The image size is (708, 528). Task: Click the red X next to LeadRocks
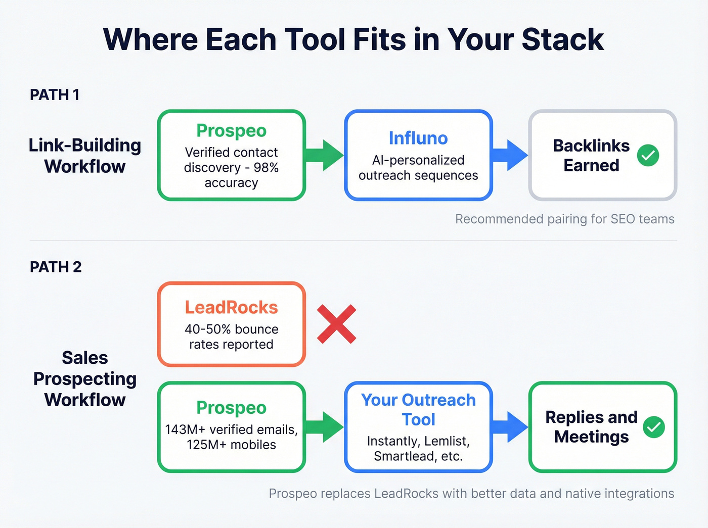click(x=337, y=324)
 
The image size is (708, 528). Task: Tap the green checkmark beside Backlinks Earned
click(x=648, y=155)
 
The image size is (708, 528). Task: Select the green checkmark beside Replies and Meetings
click(x=654, y=427)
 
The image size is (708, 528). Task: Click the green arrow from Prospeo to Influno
click(x=325, y=155)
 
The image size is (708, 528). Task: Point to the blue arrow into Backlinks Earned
click(x=510, y=155)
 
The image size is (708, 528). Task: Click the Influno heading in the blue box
click(x=418, y=138)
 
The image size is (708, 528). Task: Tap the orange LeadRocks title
click(x=231, y=307)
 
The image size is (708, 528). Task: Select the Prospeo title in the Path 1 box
click(x=231, y=130)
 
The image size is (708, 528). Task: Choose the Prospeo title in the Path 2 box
click(x=231, y=407)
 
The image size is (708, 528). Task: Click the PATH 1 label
click(x=55, y=95)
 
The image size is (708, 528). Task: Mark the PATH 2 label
click(x=56, y=267)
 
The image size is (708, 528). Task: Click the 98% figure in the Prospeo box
click(x=266, y=168)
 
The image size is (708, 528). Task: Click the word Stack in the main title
click(x=562, y=39)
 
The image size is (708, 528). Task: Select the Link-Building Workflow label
click(x=84, y=156)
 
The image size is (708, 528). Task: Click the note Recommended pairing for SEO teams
click(x=564, y=219)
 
